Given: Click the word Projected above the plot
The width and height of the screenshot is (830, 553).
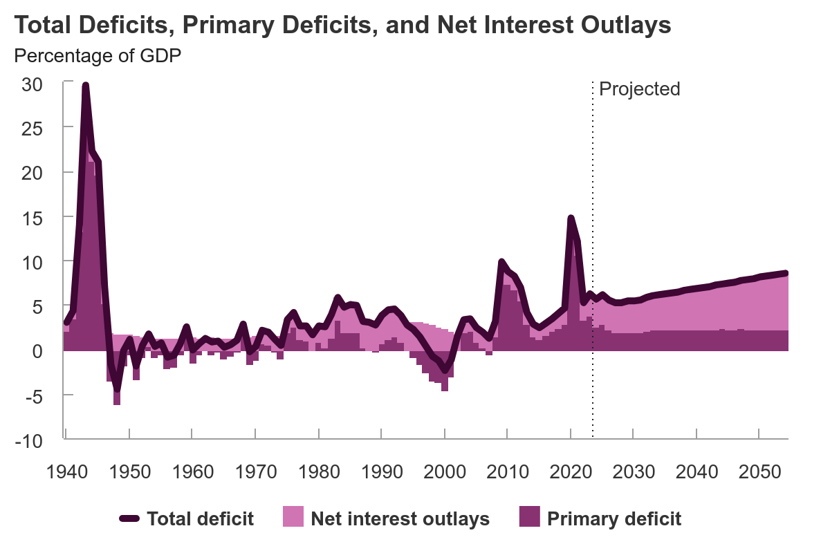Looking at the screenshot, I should point(639,89).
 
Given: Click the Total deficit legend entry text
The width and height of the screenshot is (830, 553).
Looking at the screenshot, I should point(200,518).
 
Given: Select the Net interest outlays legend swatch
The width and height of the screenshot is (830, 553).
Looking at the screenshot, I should point(293,518).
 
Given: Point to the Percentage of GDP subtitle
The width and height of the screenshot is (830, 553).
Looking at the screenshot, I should point(98,56).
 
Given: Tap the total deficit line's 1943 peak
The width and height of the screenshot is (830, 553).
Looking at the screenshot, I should point(85,86).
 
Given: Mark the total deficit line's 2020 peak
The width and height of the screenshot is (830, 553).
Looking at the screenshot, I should point(571,218).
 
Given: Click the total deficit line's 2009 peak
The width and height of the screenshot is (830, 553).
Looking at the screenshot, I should point(501,262).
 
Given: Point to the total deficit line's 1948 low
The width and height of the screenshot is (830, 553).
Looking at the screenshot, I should point(117,389).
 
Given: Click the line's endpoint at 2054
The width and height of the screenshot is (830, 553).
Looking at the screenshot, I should point(786,273).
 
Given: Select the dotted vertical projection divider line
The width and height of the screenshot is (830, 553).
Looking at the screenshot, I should point(593,276).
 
